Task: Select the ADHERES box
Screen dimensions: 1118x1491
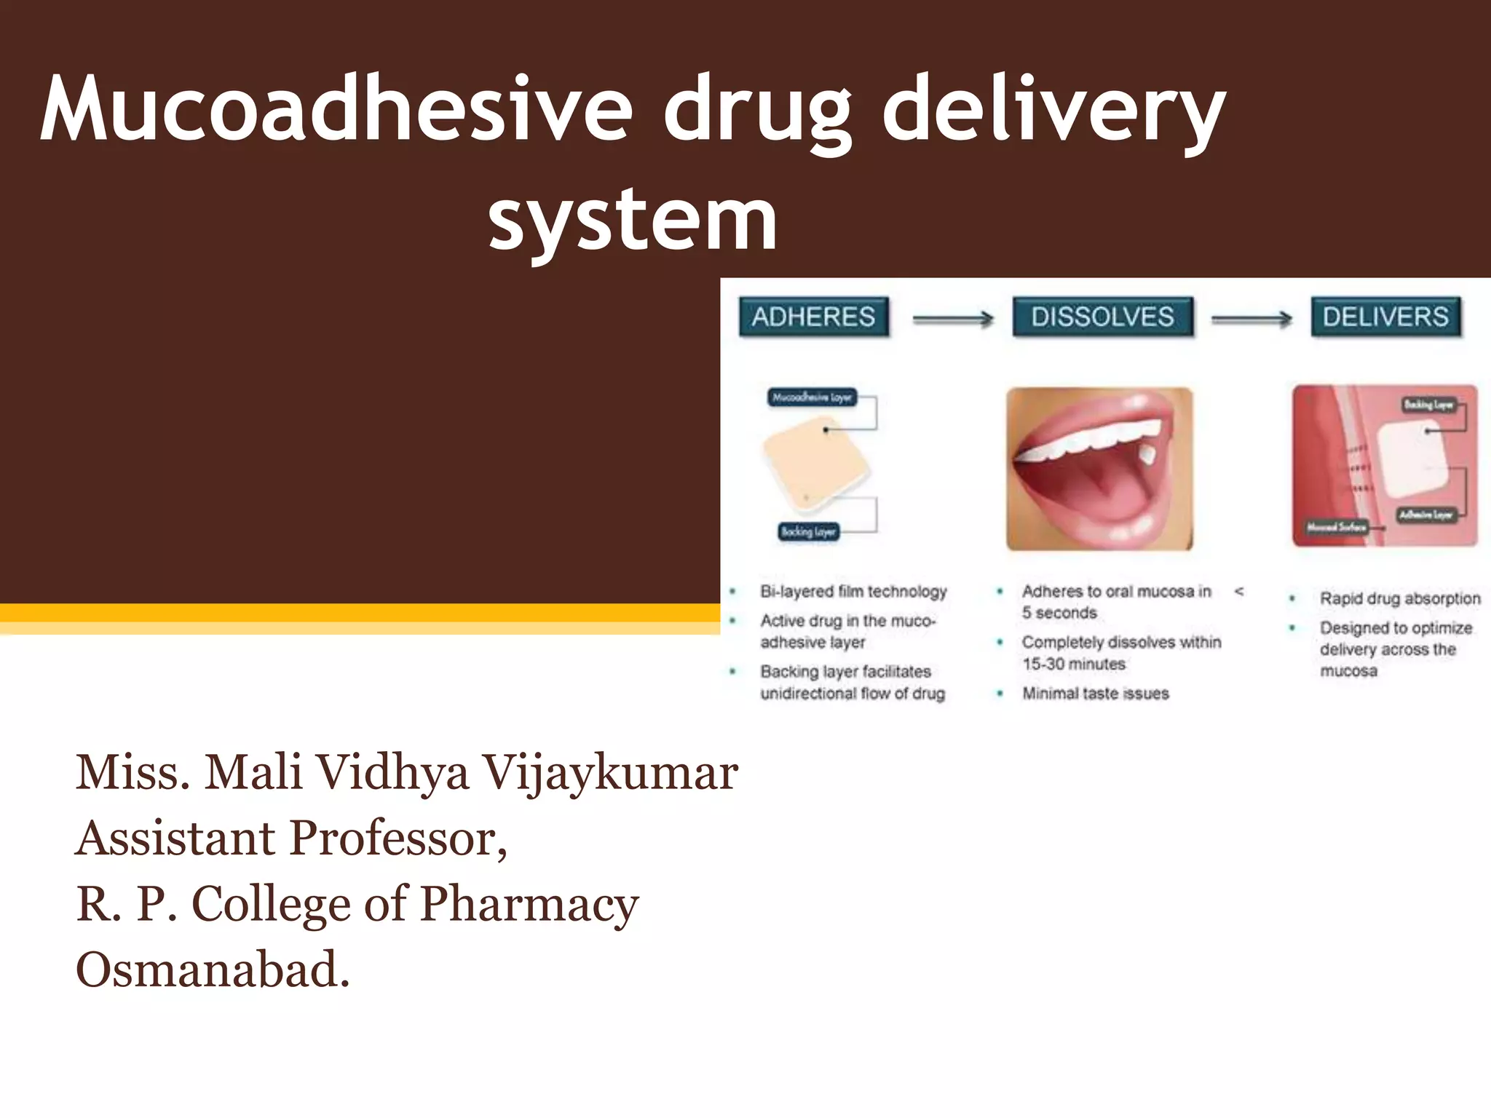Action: pyautogui.click(x=813, y=317)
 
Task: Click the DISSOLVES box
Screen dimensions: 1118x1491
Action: pyautogui.click(x=1102, y=317)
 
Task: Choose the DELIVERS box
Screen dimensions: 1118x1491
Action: pyautogui.click(x=1385, y=317)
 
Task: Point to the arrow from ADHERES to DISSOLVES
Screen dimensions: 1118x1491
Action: pyautogui.click(x=952, y=319)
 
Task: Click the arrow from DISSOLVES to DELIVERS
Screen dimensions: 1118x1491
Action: pyautogui.click(x=1251, y=319)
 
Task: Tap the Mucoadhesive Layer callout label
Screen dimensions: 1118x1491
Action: pyautogui.click(x=812, y=397)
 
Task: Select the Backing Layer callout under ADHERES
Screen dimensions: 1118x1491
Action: pyautogui.click(x=808, y=531)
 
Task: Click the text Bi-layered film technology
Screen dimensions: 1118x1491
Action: pyautogui.click(x=853, y=591)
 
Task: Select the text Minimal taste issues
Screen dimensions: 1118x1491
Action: pyautogui.click(x=1095, y=694)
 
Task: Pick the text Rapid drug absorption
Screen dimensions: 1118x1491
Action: pyautogui.click(x=1399, y=598)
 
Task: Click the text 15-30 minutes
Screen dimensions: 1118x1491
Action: pyautogui.click(x=1073, y=664)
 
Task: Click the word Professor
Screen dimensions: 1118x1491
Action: pyautogui.click(x=398, y=838)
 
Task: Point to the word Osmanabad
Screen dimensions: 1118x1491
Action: pyautogui.click(x=213, y=970)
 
